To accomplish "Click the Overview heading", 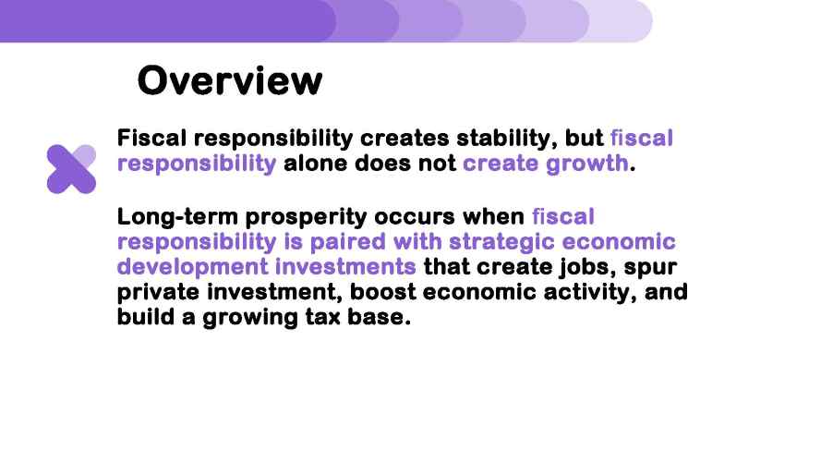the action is (230, 80).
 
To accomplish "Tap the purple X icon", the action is (71, 169).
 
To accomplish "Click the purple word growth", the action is (587, 164).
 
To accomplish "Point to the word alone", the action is (316, 164).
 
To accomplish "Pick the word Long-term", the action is (177, 217).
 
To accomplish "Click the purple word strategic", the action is (501, 242).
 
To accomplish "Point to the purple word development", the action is (192, 267).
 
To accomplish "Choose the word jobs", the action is (586, 267).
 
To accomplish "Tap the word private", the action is (158, 292).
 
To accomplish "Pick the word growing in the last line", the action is (250, 318).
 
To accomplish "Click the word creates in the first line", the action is (404, 139).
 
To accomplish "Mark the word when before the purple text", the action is (493, 217).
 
